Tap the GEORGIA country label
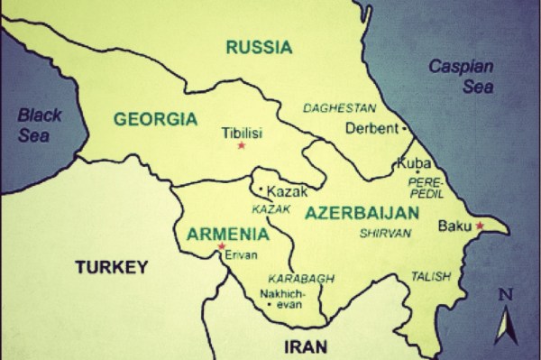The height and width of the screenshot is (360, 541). click(156, 118)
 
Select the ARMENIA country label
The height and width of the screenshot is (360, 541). click(227, 234)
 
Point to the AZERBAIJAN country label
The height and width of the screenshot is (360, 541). click(362, 213)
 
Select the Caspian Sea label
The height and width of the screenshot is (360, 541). click(461, 72)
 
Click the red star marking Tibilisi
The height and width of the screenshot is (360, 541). click(241, 146)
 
